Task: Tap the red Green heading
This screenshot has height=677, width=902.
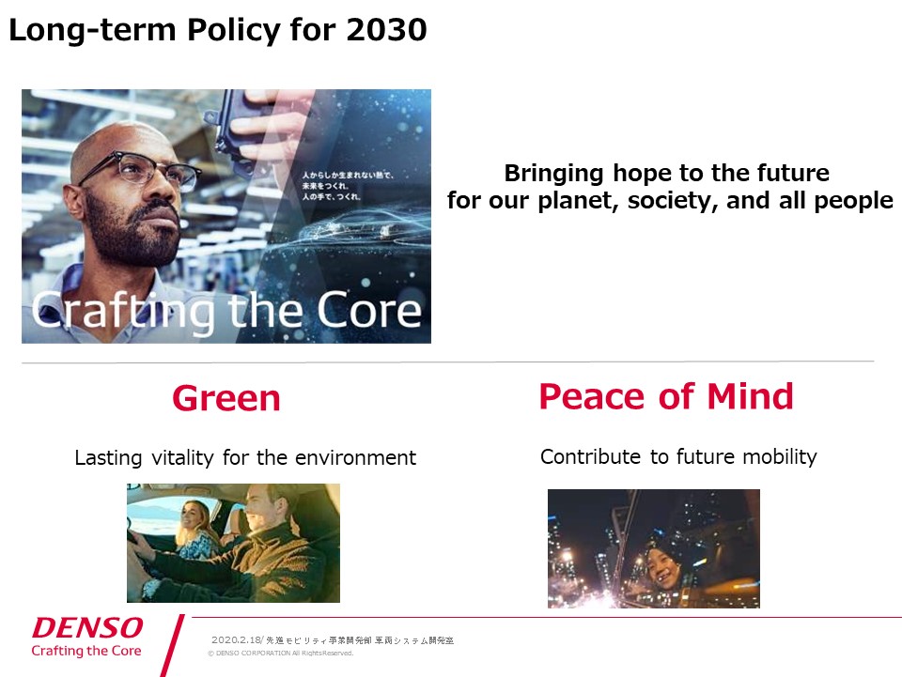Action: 225,398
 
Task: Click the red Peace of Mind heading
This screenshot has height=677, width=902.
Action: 665,396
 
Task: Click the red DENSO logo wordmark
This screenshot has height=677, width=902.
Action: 87,628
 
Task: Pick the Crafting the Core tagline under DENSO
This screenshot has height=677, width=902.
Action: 86,651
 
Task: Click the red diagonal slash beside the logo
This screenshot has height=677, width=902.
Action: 172,646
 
